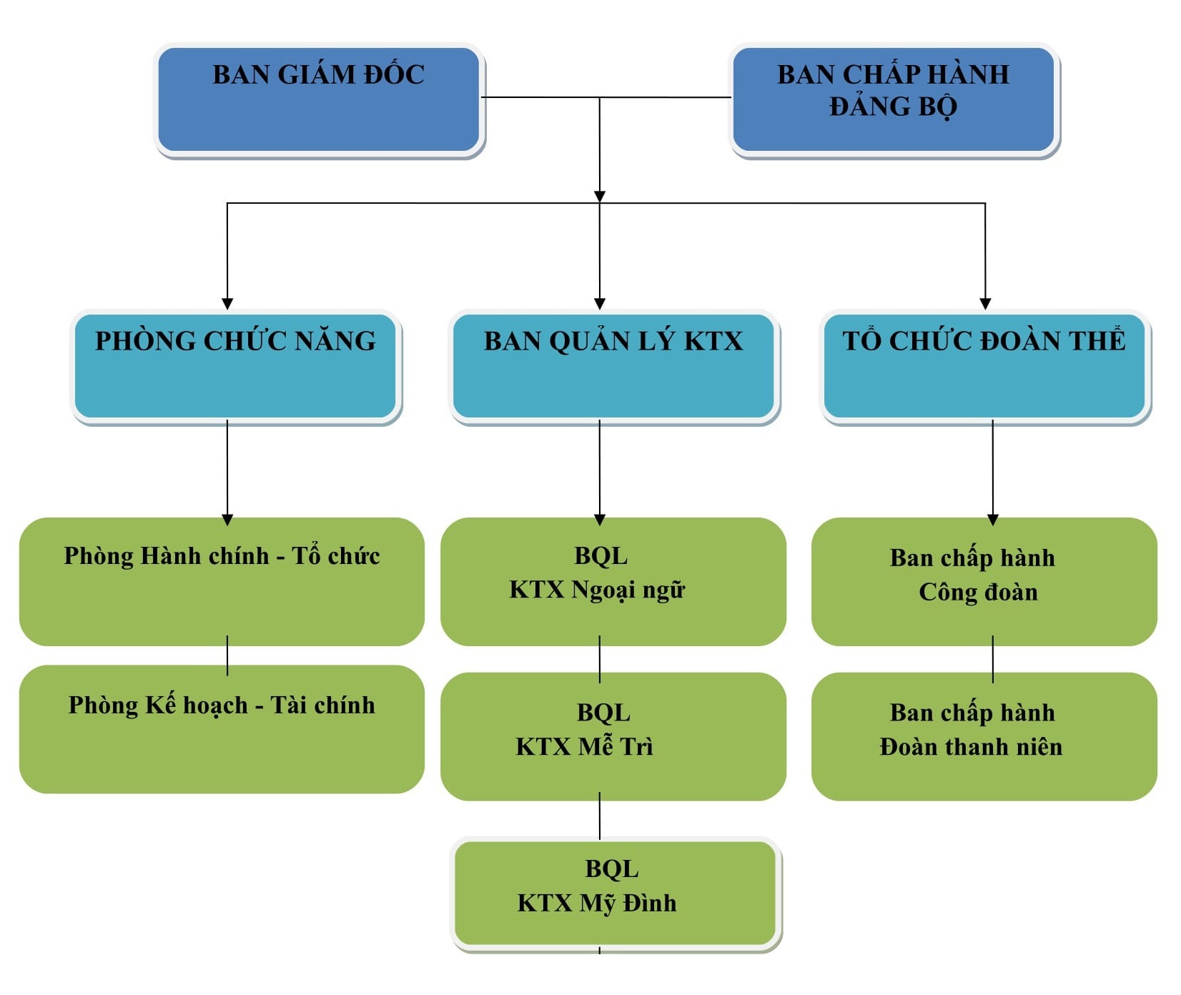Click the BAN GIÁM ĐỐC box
319,100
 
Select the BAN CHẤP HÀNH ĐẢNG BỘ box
894,100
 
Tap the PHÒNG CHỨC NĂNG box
236,367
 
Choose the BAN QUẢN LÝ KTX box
614,367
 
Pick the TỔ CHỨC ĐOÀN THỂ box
985,367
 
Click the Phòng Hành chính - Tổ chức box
222,582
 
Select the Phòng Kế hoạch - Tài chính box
222,729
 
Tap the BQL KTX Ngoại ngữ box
613,582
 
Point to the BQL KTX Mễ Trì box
613,736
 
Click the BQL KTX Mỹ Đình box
616,893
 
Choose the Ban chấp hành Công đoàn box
984,582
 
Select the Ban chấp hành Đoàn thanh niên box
984,736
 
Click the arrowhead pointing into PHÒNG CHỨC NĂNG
227,304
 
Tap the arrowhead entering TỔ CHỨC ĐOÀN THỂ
985,304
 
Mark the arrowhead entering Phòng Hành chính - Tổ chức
227,520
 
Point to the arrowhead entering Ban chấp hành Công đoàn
992,520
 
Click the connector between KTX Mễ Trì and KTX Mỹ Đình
600,816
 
